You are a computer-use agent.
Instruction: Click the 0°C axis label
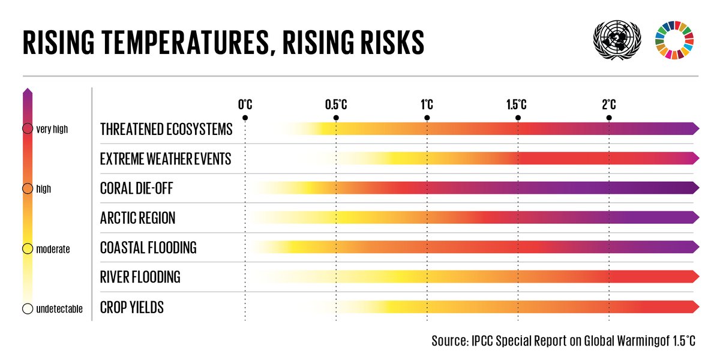(245, 104)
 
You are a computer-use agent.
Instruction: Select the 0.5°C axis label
(336, 104)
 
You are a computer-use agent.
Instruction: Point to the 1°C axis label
(427, 104)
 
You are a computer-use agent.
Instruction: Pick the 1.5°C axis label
(517, 104)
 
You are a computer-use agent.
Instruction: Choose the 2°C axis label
(608, 104)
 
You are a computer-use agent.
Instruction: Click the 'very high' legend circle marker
(28, 128)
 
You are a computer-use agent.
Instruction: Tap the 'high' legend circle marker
(28, 188)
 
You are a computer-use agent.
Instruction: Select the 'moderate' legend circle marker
(28, 248)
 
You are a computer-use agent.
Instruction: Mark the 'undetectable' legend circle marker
(28, 308)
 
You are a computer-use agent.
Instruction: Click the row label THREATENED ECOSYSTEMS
(166, 129)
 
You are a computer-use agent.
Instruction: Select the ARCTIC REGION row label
(137, 218)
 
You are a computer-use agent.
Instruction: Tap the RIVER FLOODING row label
(140, 277)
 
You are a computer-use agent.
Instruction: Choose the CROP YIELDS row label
(131, 308)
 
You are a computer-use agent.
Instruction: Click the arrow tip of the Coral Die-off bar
(695, 188)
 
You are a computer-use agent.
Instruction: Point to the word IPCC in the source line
(485, 341)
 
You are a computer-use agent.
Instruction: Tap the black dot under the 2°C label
(608, 118)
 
